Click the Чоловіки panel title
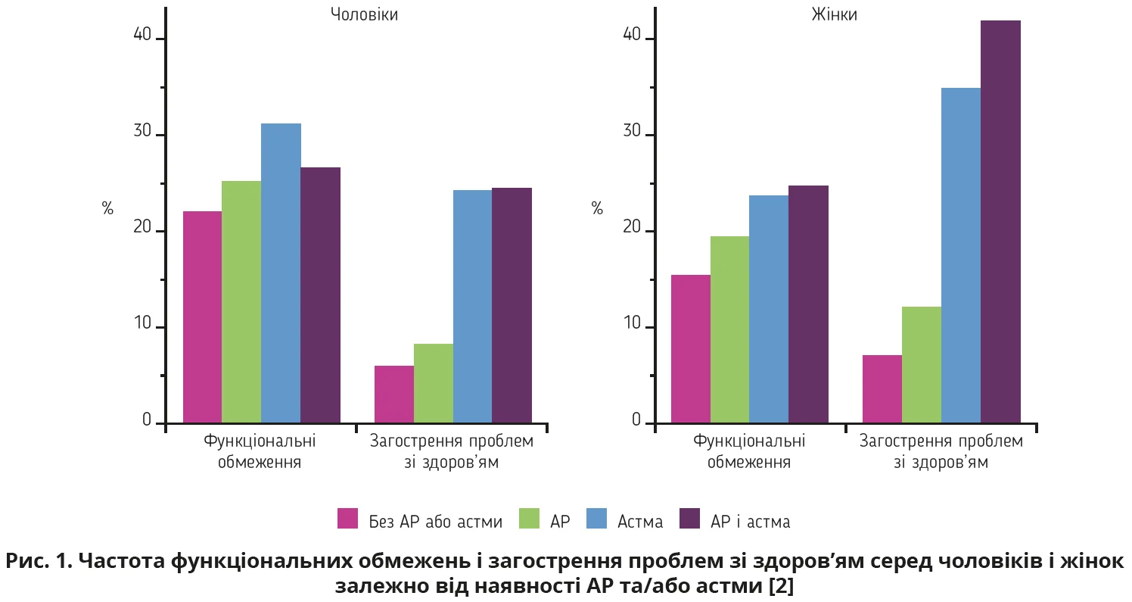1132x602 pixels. coord(364,14)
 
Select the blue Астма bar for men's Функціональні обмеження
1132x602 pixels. coord(281,273)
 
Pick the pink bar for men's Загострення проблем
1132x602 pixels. coord(393,394)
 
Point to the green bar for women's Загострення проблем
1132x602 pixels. coord(921,364)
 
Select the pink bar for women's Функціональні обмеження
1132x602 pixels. coord(690,348)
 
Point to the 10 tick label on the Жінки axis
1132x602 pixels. coord(633,326)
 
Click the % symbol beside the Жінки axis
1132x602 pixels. coord(598,209)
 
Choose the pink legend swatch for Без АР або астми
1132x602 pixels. coord(347,519)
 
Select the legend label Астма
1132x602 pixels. coord(640,521)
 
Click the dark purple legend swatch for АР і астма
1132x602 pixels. coord(689,519)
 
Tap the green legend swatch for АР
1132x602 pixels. coord(529,519)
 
